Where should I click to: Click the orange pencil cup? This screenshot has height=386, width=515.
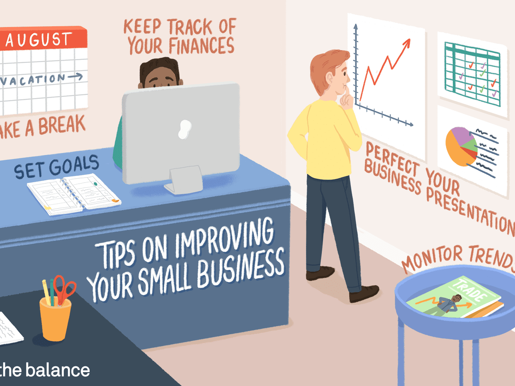(55, 318)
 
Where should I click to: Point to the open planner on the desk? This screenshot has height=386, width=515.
(73, 194)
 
